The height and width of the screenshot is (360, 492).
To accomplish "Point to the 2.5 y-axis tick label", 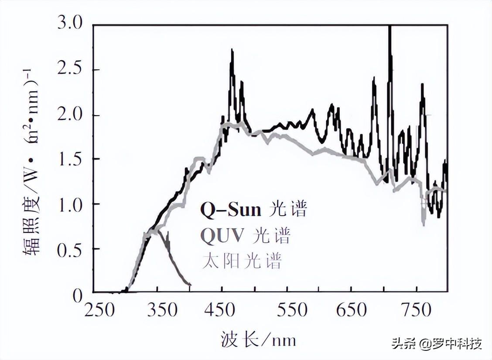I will tap(70, 70).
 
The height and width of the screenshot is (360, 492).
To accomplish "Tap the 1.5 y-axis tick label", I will tap(70, 159).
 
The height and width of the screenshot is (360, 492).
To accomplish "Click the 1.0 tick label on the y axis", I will tap(70, 204).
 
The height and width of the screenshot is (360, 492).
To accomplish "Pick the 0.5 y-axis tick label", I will tap(70, 249).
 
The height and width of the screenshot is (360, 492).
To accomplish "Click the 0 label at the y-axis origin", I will tap(78, 296).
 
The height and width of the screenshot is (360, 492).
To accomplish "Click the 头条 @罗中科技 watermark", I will tap(437, 343).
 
